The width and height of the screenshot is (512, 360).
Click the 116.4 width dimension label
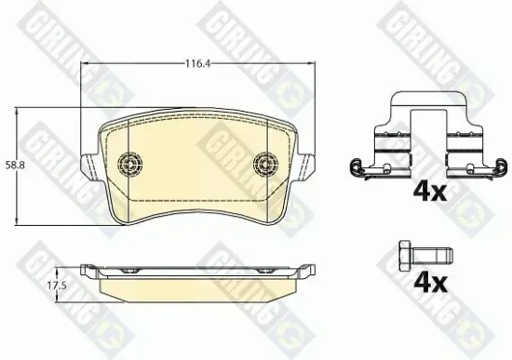coord(195,63)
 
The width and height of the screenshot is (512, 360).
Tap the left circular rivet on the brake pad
coord(130,165)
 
